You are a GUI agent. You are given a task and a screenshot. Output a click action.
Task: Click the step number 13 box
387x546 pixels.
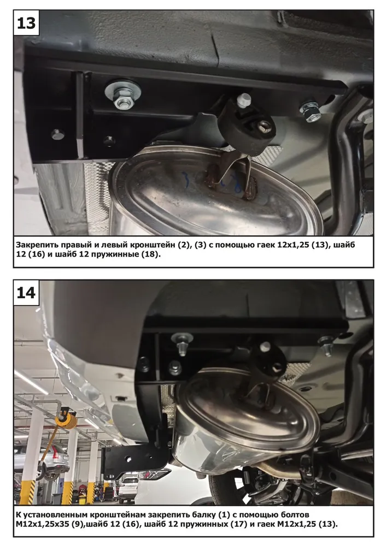pos(26,23)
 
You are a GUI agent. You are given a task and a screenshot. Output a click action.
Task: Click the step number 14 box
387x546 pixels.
pos(26,293)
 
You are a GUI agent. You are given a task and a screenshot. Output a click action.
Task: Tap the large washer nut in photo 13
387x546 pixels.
pos(123,94)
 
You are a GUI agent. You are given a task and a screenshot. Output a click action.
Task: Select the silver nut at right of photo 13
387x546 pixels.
pos(310,111)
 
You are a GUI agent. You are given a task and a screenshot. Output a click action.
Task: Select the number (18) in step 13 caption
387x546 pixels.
pos(151,254)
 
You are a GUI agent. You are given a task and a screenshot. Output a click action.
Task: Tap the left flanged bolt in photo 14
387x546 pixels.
pos(182,343)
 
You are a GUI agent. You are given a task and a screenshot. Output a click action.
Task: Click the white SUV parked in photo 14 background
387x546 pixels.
pos(129,489)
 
